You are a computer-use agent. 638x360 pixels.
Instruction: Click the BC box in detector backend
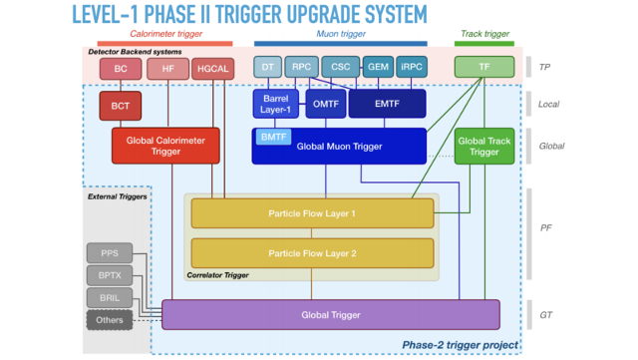[x=120, y=69]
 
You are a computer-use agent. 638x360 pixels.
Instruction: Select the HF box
[x=167, y=69]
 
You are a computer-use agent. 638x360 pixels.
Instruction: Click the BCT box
[x=120, y=105]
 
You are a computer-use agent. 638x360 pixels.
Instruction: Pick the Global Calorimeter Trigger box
[x=164, y=146]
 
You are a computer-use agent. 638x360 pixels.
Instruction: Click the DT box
[x=267, y=68]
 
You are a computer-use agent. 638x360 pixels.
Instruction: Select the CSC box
[x=340, y=68]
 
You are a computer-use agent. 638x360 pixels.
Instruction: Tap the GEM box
[x=378, y=68]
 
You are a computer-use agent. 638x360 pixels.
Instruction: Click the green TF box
[x=483, y=68]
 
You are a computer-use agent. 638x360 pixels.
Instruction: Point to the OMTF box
[x=325, y=104]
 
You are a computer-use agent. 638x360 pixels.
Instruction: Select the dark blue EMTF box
[x=387, y=104]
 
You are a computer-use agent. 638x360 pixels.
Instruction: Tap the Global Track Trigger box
[x=483, y=146]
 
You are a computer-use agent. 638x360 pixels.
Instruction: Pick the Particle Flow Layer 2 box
[x=312, y=252]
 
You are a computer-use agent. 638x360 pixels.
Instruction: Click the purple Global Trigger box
[x=330, y=314]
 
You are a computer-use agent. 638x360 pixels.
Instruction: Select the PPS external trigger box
[x=110, y=251]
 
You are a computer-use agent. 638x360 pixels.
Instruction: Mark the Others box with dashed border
[x=110, y=320]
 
